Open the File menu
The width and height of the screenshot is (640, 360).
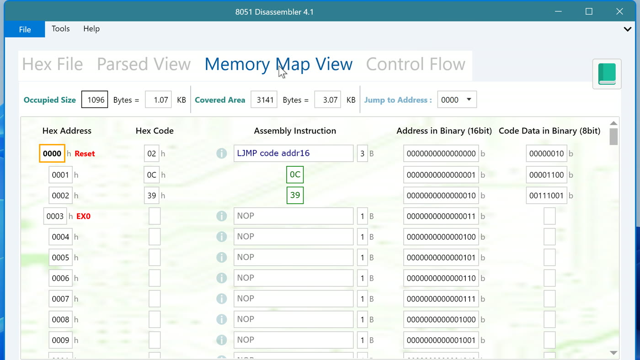[x=25, y=29]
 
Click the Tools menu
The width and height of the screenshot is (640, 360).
[x=60, y=29]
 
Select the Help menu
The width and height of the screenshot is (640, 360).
[x=91, y=29]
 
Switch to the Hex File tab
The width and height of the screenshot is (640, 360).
[x=53, y=64]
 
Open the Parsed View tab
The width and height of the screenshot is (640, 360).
[x=144, y=64]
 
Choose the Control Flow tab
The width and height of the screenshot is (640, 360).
[x=416, y=64]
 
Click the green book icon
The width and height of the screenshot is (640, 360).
[x=607, y=74]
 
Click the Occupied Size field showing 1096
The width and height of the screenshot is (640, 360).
[x=95, y=100]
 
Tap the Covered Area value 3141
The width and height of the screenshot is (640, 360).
[x=264, y=100]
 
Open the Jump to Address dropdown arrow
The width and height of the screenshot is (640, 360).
[x=469, y=99]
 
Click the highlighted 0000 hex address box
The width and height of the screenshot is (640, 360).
[x=52, y=154]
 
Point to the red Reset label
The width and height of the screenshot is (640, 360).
[x=85, y=154]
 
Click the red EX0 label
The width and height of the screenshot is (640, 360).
[x=83, y=216]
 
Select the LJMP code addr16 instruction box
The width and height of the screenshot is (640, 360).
[x=293, y=154]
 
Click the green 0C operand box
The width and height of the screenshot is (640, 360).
[x=295, y=175]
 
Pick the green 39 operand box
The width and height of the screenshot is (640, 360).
[x=295, y=195]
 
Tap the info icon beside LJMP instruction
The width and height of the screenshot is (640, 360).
[x=221, y=154]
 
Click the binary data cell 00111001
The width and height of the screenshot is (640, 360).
[x=546, y=196]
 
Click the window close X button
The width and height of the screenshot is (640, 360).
[x=619, y=11]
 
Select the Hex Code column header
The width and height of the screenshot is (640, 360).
[x=155, y=131]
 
